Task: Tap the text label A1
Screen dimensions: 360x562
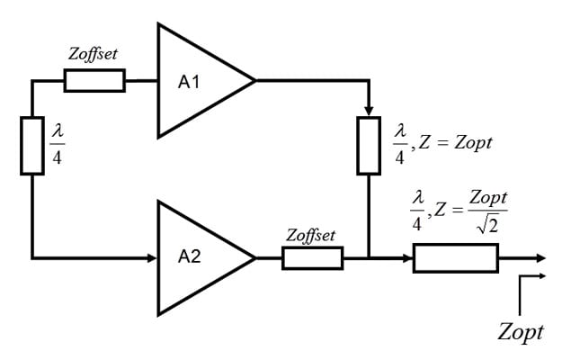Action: (189, 82)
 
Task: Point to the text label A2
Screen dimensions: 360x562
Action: (189, 258)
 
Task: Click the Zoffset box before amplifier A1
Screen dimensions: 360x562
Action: (94, 81)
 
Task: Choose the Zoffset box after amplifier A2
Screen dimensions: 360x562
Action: (312, 258)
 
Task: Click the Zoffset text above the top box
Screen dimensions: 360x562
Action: (93, 55)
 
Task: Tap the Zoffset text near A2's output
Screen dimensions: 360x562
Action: (310, 235)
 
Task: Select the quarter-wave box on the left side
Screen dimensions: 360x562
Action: (32, 144)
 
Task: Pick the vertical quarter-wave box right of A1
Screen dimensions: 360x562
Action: (369, 144)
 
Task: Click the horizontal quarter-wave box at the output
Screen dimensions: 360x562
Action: (455, 258)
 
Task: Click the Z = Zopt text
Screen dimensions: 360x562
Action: (453, 142)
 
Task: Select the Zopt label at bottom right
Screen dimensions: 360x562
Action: (521, 332)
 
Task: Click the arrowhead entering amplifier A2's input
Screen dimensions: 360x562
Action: (153, 258)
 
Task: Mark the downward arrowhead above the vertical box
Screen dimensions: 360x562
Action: (369, 111)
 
